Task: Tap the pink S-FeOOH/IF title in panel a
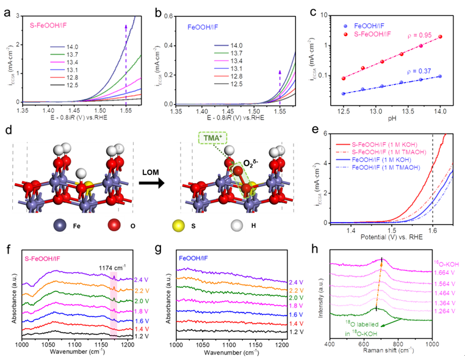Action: [49, 26]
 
